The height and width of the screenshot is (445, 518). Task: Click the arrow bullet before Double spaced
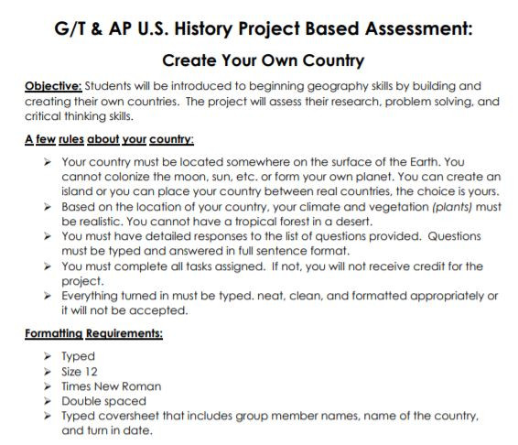(47, 401)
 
